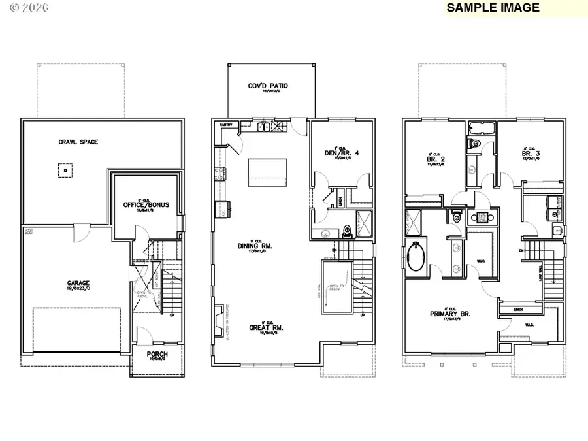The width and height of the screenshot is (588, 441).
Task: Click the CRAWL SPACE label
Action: (78, 142)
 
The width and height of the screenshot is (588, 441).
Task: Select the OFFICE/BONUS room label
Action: (146, 205)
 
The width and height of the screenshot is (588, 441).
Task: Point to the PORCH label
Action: (157, 355)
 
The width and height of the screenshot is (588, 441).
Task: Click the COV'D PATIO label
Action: (268, 86)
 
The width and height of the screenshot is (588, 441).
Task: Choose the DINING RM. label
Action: (256, 247)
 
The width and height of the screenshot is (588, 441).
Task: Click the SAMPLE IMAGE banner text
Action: (493, 8)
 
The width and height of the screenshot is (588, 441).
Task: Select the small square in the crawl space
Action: (64, 171)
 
